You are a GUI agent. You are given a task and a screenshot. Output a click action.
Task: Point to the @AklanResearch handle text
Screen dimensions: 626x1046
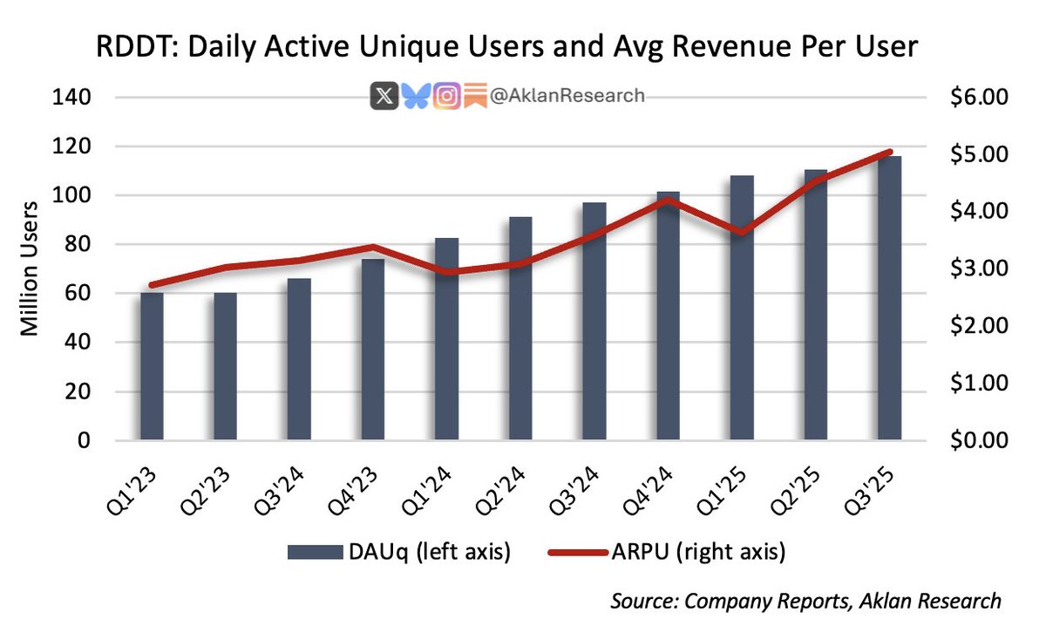tap(567, 96)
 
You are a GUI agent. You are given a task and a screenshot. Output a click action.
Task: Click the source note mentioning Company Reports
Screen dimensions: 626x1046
tap(805, 602)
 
